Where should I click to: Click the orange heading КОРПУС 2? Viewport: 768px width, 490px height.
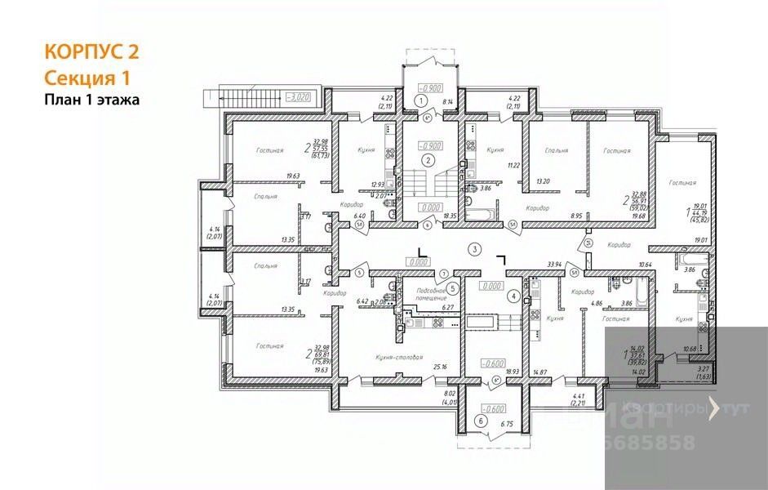tap(91, 52)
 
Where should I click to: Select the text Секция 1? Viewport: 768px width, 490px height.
tap(87, 78)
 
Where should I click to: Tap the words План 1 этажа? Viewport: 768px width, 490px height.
tap(92, 100)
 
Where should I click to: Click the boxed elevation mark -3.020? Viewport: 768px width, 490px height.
tap(298, 96)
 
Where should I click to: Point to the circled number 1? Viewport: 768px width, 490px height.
tap(421, 100)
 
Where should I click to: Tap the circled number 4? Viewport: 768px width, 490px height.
tap(513, 296)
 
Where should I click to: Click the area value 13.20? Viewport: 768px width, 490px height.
tap(543, 183)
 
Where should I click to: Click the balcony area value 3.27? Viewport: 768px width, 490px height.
tap(703, 369)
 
